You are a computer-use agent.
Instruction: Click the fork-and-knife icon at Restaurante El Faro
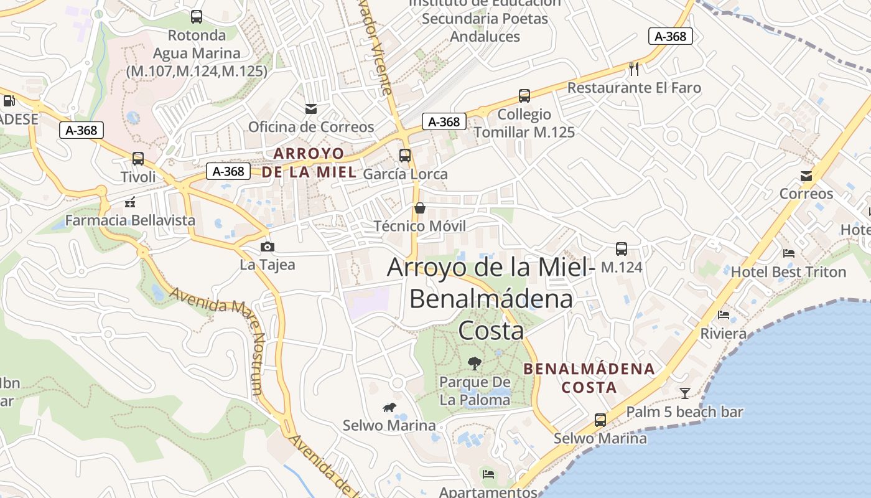[634, 69]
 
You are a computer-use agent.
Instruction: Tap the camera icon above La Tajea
[268, 247]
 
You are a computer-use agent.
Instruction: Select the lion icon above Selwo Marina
[390, 408]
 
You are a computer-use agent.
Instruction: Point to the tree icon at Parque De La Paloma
[475, 363]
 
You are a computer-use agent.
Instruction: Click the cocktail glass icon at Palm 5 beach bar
[685, 393]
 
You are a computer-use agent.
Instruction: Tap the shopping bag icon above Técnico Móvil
[420, 207]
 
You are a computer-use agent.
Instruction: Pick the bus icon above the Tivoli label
[138, 159]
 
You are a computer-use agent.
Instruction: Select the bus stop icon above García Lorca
[405, 155]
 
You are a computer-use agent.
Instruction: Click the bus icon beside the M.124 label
[621, 249]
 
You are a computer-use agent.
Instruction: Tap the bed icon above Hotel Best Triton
[789, 253]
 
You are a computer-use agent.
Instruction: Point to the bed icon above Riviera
[724, 315]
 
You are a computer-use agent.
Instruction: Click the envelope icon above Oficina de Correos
[311, 109]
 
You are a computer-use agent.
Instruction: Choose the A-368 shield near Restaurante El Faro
[671, 36]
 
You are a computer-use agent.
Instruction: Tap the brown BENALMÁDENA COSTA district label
[589, 378]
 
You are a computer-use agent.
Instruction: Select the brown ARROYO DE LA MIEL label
[309, 162]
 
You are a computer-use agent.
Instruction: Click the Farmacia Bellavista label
[130, 220]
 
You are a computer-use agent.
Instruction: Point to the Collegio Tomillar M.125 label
[524, 123]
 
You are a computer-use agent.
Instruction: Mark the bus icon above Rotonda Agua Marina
[197, 17]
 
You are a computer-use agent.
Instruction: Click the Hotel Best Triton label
[788, 272]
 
